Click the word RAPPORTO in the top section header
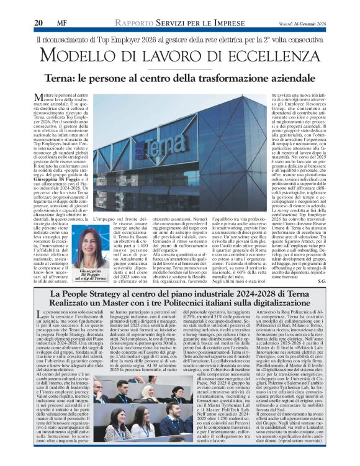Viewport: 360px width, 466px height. (143, 23)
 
